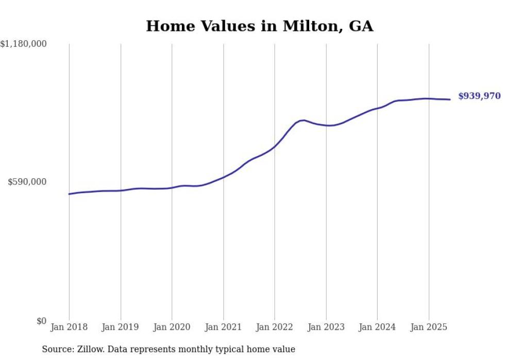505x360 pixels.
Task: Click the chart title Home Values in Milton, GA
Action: pos(259,26)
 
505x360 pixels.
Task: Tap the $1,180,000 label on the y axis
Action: pos(24,44)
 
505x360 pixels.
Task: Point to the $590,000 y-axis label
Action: pos(27,182)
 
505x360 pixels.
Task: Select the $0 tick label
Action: pos(41,321)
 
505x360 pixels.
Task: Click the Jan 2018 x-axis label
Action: pos(69,327)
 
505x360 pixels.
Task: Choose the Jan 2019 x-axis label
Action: pos(121,327)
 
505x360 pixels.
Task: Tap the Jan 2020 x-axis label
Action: pos(172,327)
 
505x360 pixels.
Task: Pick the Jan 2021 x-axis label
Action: pos(223,327)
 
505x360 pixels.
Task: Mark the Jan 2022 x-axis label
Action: pos(275,327)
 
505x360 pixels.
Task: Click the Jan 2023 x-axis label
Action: pos(326,327)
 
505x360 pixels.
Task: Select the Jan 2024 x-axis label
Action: pos(377,327)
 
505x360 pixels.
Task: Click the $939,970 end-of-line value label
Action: pos(479,96)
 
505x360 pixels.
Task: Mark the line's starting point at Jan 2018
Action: pos(70,194)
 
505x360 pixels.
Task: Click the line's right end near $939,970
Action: pos(450,99)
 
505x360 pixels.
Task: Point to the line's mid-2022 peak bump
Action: pos(303,120)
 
